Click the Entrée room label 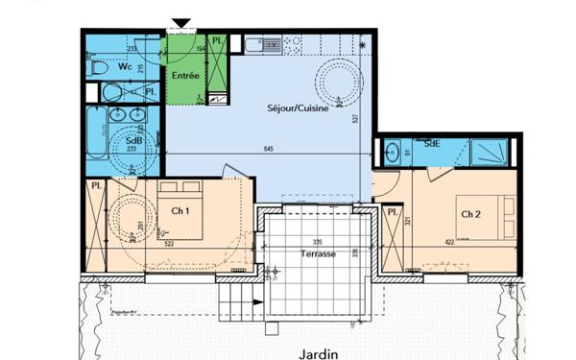point(185,75)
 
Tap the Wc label point(125,67)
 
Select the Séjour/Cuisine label point(298,110)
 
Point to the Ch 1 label point(179,211)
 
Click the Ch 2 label point(469,213)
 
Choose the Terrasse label point(317,254)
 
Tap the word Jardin point(318,353)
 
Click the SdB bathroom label point(134,140)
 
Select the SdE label point(432,143)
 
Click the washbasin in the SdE point(392,151)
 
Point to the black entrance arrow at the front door point(180,24)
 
